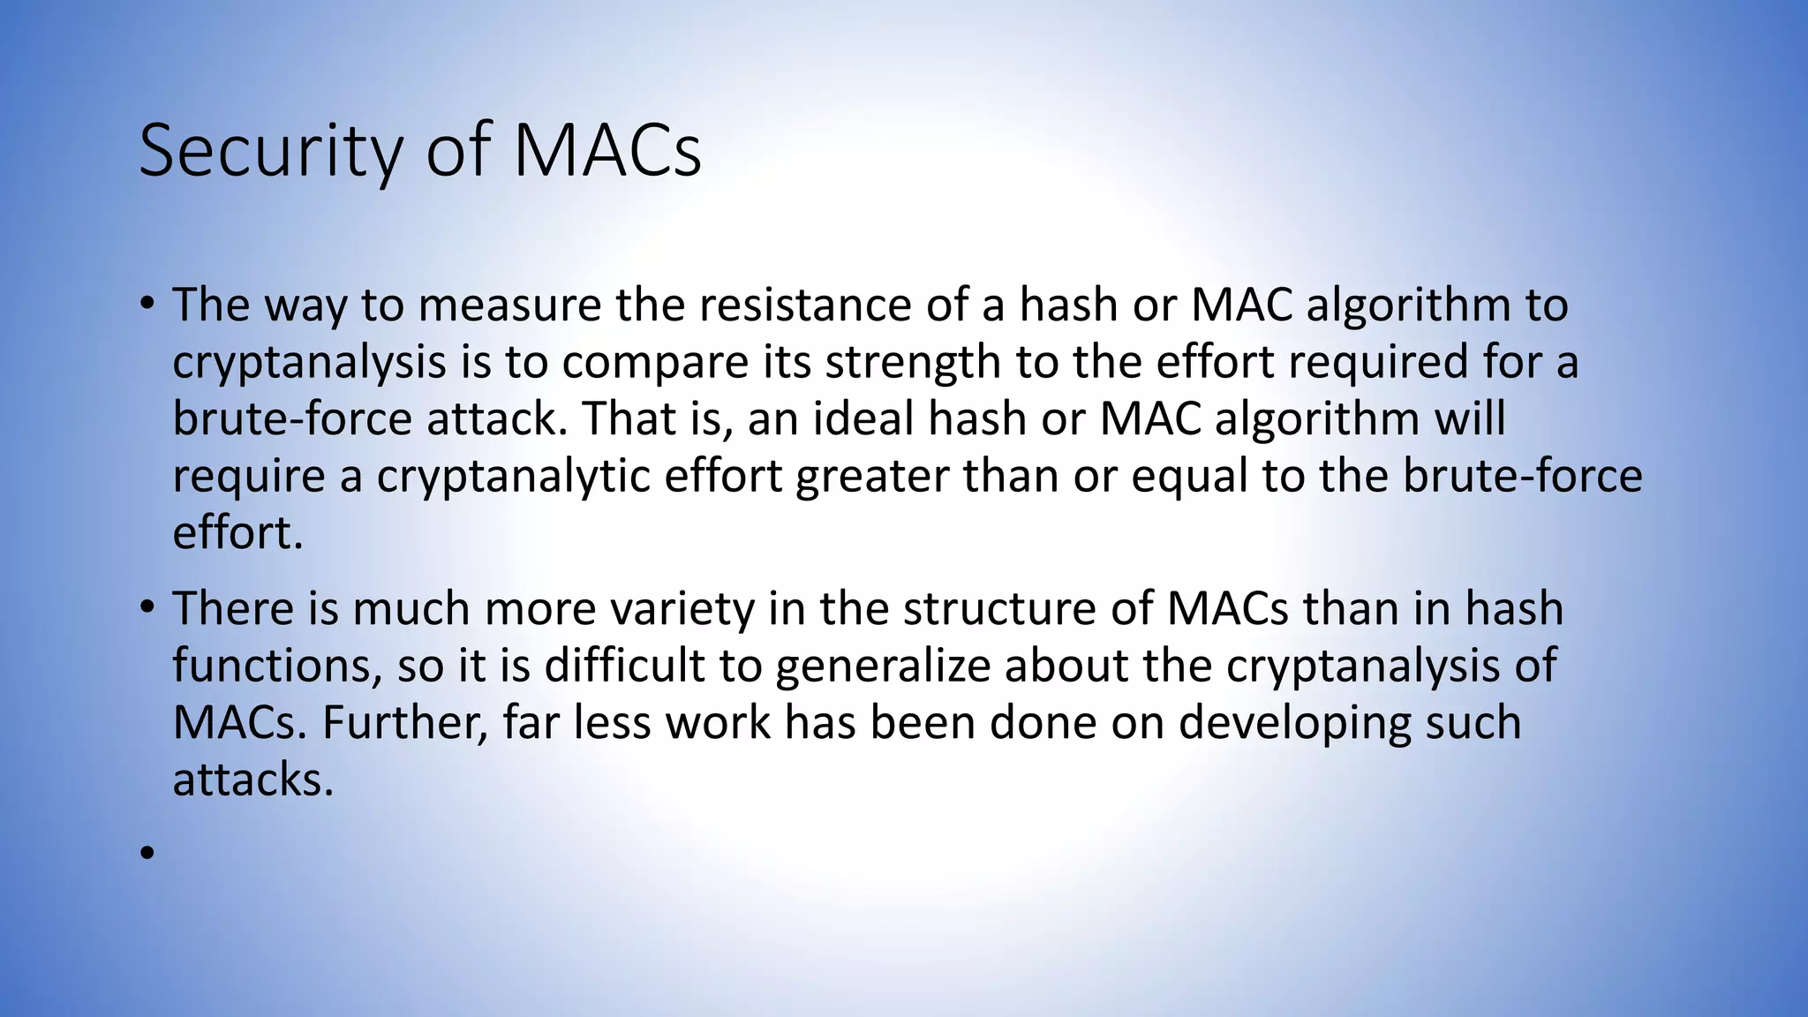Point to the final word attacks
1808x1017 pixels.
click(252, 780)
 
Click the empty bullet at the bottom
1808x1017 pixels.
click(147, 853)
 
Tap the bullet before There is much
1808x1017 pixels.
click(147, 607)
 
